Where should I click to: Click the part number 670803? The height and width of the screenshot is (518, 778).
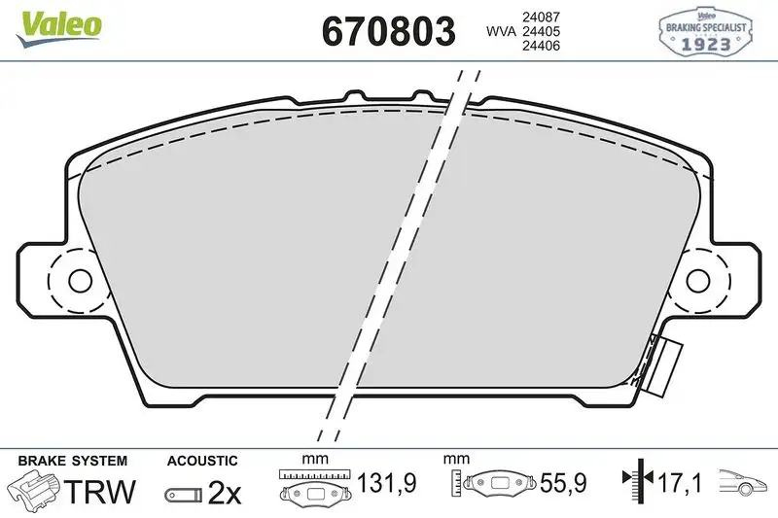388,32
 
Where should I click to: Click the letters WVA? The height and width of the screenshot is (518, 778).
502,32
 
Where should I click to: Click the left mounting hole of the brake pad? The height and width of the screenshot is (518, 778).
79,280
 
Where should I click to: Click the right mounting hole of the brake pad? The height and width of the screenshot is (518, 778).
698,280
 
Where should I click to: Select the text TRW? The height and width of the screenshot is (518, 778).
99,493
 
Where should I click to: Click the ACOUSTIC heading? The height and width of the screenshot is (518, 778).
201,461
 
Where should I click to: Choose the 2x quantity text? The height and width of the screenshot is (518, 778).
225,493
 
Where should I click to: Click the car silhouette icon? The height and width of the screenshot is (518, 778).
744,483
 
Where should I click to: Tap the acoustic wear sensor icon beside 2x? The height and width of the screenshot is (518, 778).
183,495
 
